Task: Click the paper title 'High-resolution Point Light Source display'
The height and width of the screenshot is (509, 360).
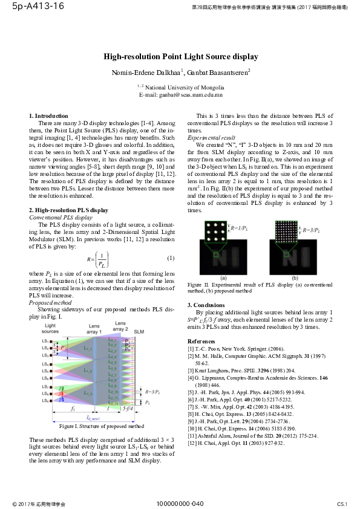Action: pyautogui.click(x=181, y=57)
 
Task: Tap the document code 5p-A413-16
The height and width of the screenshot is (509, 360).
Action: pyautogui.click(x=34, y=7)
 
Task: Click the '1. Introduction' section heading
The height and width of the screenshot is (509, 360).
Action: pyautogui.click(x=49, y=115)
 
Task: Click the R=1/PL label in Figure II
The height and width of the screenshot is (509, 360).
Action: pyautogui.click(x=242, y=229)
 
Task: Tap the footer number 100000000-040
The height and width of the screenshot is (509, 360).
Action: pyautogui.click(x=180, y=503)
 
